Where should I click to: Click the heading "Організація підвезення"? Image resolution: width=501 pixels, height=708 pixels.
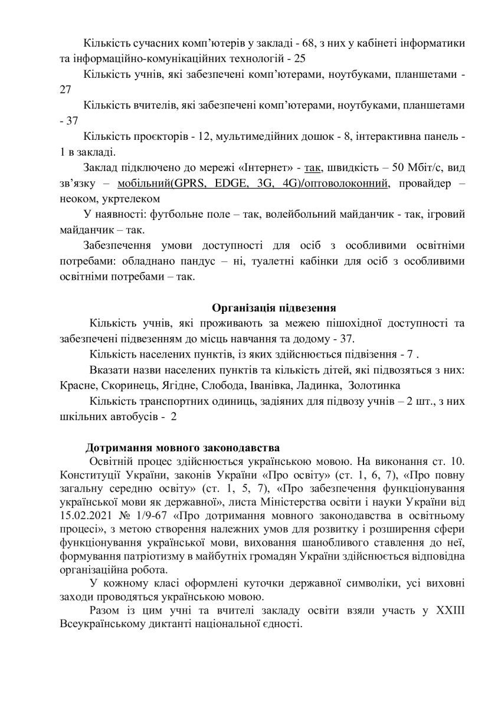[x=274, y=307]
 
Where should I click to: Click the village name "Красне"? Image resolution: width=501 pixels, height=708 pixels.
[x=76, y=385]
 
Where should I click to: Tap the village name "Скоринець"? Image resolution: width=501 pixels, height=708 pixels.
[x=127, y=385]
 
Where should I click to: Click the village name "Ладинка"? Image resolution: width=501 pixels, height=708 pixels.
[x=315, y=385]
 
